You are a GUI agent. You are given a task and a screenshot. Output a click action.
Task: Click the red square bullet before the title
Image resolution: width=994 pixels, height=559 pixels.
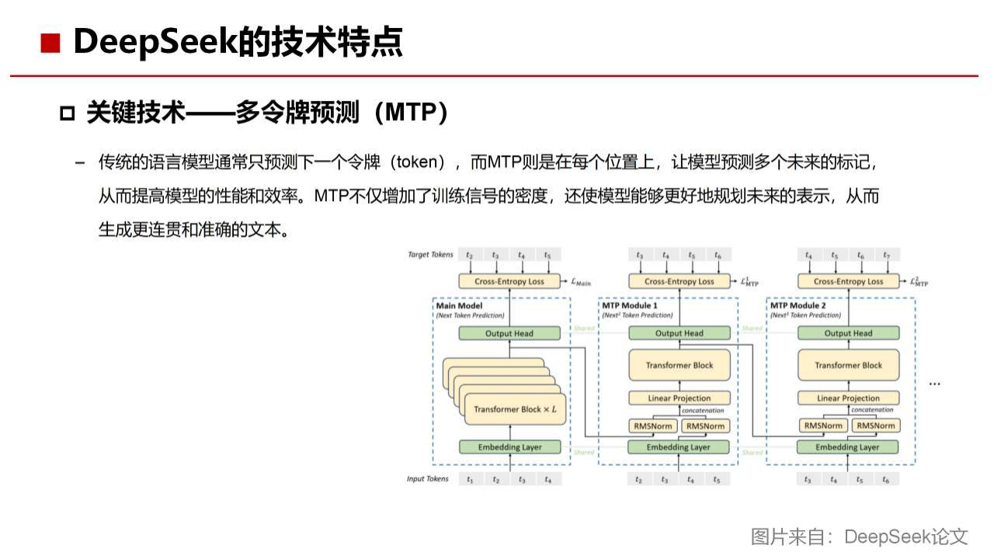pos(50,43)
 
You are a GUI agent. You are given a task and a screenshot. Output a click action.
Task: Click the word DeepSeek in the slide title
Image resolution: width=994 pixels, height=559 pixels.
pos(155,42)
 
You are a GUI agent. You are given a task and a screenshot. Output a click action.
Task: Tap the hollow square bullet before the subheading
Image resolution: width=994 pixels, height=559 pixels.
pos(67,114)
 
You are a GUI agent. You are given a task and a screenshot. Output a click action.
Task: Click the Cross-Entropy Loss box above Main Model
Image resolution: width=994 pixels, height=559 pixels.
pos(509,281)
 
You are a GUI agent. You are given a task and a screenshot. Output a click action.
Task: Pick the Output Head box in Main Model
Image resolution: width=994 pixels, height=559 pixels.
pos(509,333)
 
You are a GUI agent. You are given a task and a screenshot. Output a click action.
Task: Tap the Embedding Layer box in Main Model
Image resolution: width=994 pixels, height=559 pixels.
pos(509,447)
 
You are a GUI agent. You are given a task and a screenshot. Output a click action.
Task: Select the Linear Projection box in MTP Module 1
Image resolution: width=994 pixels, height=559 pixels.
pos(679,398)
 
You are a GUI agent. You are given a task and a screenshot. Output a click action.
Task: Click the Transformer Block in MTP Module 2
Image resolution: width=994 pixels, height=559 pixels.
pos(848,366)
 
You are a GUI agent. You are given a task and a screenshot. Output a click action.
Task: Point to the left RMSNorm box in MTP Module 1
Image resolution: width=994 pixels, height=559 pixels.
pos(653,425)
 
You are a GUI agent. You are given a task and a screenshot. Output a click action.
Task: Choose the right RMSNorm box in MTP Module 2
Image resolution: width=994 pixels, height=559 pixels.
pos(874,425)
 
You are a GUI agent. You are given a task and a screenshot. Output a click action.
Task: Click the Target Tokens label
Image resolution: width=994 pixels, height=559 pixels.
pos(430,255)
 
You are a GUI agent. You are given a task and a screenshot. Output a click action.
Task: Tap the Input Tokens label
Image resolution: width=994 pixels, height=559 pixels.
pos(427,479)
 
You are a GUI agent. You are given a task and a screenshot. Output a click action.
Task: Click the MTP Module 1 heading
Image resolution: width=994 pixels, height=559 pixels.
pos(630,306)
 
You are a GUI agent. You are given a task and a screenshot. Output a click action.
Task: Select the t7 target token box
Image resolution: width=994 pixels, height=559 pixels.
pos(886,255)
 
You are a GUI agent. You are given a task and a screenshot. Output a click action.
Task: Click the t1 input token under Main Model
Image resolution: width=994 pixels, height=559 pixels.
pos(470,480)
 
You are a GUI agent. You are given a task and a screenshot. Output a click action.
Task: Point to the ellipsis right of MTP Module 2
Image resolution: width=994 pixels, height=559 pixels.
pos(934,382)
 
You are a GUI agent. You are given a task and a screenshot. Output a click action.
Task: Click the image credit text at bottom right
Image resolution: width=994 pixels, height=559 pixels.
pos(859,536)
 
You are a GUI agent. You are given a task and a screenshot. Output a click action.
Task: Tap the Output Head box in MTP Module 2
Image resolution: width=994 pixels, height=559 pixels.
pos(848,333)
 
